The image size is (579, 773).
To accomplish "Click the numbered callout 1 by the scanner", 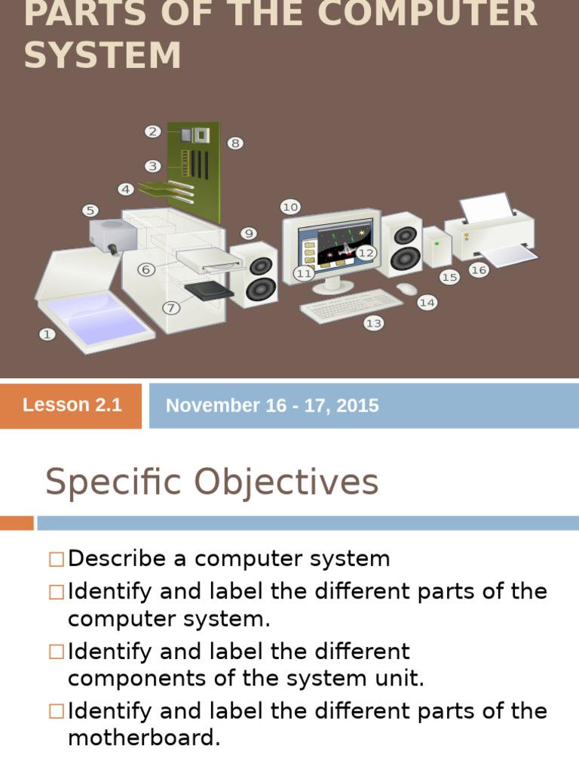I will tap(47, 333).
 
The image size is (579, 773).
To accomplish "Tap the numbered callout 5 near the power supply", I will tap(90, 211).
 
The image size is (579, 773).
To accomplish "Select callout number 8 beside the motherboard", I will tap(235, 143).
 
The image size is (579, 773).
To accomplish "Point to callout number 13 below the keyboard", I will tap(374, 323).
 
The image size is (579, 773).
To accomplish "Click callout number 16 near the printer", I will tap(479, 269).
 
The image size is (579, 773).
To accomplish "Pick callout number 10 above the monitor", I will tap(290, 206).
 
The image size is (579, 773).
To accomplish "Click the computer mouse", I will tap(406, 288).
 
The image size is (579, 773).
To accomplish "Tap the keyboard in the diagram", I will tap(351, 304).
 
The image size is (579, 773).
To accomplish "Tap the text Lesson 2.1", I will tap(72, 405).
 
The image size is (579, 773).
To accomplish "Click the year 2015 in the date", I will tap(358, 406).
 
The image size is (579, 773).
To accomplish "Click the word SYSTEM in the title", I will tap(103, 56).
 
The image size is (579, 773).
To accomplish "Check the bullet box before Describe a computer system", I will tap(57, 559).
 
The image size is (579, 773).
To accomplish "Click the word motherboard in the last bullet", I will tap(144, 738).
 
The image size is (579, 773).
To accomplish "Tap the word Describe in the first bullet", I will tap(117, 559).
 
